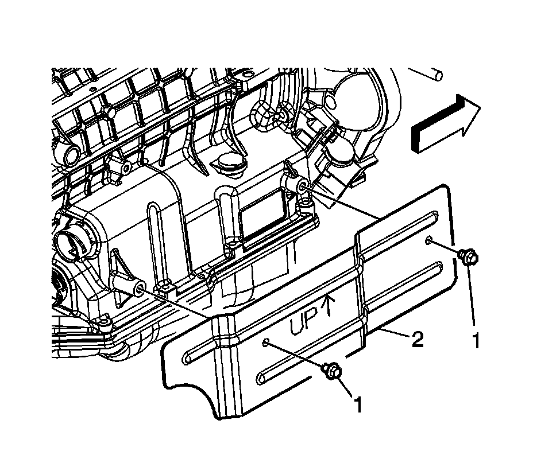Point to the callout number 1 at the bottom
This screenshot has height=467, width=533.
click(358, 406)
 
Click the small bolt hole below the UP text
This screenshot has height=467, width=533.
click(266, 343)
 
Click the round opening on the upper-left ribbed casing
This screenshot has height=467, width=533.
click(74, 154)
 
